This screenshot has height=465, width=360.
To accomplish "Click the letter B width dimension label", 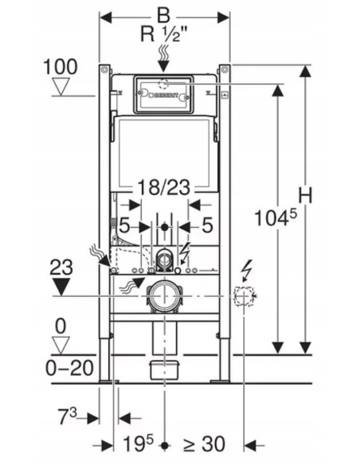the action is tap(163, 15).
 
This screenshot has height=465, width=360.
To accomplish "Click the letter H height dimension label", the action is tap(305, 196).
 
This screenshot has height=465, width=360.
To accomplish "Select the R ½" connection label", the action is tap(165, 33).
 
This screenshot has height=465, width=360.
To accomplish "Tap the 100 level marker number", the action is tap(61, 67).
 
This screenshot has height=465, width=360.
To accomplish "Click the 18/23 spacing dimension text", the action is tap(164, 187).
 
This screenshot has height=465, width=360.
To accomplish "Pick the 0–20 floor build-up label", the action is tap(69, 368).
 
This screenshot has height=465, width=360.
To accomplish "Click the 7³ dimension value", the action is tap(67, 416).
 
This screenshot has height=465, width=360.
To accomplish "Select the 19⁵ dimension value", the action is tap(139, 443).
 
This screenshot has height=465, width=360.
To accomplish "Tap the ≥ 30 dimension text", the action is tap(204, 444).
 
